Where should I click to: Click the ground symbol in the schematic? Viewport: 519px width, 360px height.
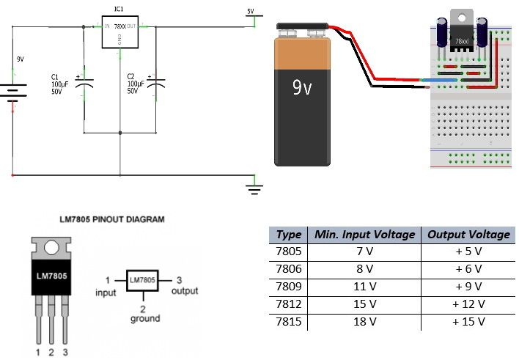tap(254, 190)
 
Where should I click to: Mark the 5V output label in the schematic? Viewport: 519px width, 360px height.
tap(250, 11)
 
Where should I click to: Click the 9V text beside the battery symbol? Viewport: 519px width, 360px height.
tap(21, 58)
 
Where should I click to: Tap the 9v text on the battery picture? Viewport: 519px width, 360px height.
tap(302, 89)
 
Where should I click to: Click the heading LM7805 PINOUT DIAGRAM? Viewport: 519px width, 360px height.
tap(111, 218)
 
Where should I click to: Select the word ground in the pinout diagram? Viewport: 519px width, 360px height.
tap(145, 320)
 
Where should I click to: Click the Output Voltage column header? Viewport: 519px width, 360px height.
tap(468, 235)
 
